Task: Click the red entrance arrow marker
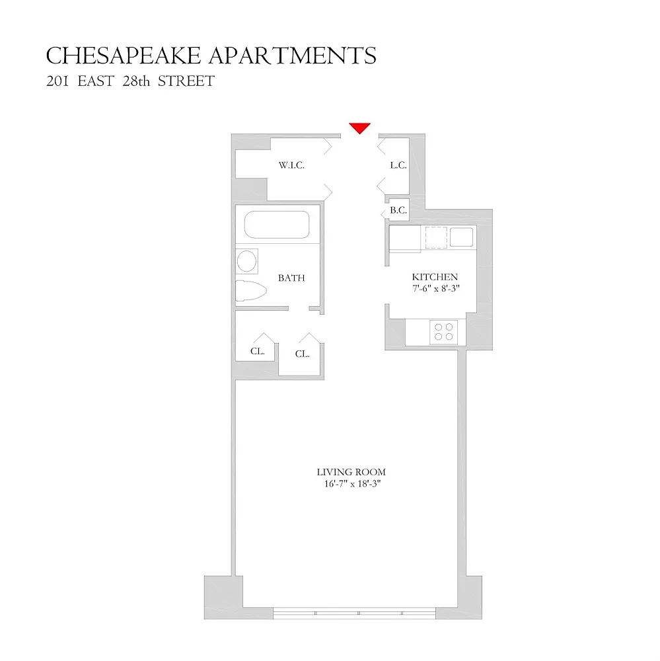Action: click(x=359, y=128)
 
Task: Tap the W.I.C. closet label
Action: click(x=291, y=165)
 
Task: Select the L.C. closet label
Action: click(x=398, y=165)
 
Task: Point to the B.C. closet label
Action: click(x=398, y=210)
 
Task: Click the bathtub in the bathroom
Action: click(x=277, y=225)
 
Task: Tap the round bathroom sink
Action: click(x=246, y=261)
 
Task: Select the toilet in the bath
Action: click(x=251, y=290)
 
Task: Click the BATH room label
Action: click(x=291, y=278)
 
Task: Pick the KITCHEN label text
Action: click(x=435, y=277)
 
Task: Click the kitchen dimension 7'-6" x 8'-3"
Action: click(x=436, y=288)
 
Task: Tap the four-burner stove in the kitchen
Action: click(x=444, y=332)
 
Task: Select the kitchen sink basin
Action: click(x=462, y=237)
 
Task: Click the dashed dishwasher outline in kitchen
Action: click(x=436, y=237)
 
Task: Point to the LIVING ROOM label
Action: click(x=351, y=472)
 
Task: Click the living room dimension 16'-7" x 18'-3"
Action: click(x=352, y=484)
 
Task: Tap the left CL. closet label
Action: click(x=258, y=351)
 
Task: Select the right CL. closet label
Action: click(x=302, y=354)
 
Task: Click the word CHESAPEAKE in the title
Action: click(x=124, y=56)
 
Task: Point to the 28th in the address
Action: click(x=136, y=81)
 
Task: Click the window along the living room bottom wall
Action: click(x=354, y=613)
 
